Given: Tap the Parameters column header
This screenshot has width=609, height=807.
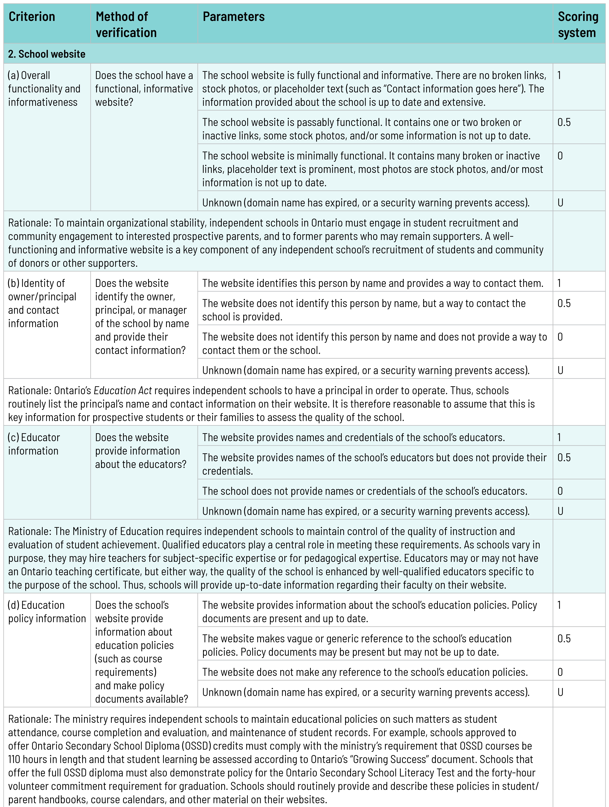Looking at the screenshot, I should (x=233, y=17).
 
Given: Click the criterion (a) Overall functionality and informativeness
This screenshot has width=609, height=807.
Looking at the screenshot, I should (x=44, y=89).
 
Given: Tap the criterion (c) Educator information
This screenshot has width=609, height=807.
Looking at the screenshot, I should (x=34, y=444).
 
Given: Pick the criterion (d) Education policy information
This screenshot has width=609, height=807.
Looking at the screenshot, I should (x=47, y=612).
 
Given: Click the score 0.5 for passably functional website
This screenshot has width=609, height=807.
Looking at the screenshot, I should (x=564, y=122).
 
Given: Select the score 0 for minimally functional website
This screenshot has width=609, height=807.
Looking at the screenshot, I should (x=560, y=156).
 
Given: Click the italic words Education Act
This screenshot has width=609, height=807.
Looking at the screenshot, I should (x=123, y=391).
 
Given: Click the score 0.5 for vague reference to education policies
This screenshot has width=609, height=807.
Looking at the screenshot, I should (x=564, y=639).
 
